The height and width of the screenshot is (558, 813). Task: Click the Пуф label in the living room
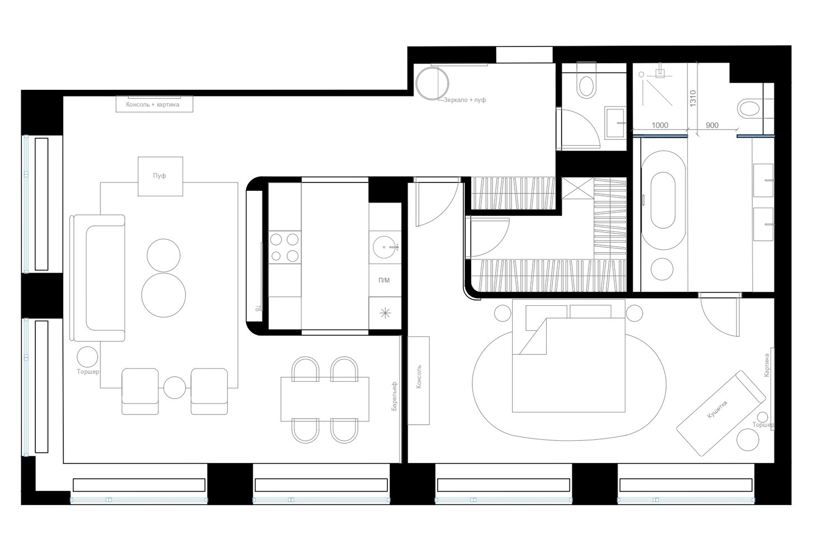[159, 176]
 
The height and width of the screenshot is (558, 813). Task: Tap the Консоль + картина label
[153, 104]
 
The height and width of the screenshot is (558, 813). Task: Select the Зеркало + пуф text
[465, 100]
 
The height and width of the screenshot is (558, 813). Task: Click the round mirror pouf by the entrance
[432, 83]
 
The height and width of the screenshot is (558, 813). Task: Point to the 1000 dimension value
[660, 125]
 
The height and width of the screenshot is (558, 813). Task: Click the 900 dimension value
[712, 125]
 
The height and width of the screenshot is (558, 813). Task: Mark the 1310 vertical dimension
[693, 98]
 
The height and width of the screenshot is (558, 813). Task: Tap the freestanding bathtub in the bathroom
[663, 200]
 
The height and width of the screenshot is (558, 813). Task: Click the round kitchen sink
[384, 247]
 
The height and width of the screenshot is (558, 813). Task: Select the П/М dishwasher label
[384, 280]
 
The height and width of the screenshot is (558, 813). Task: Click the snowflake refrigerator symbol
[385, 312]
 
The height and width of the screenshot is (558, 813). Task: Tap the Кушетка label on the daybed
[718, 410]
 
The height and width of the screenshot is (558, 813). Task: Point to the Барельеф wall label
[395, 396]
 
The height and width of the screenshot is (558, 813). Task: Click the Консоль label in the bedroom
[419, 377]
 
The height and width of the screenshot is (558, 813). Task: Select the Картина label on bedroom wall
[767, 365]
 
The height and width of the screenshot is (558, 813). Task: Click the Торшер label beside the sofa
[88, 372]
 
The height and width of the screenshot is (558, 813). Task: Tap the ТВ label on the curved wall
[258, 309]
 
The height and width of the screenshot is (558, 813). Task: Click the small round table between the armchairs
[175, 387]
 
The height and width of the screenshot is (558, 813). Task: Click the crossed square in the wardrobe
[578, 188]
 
